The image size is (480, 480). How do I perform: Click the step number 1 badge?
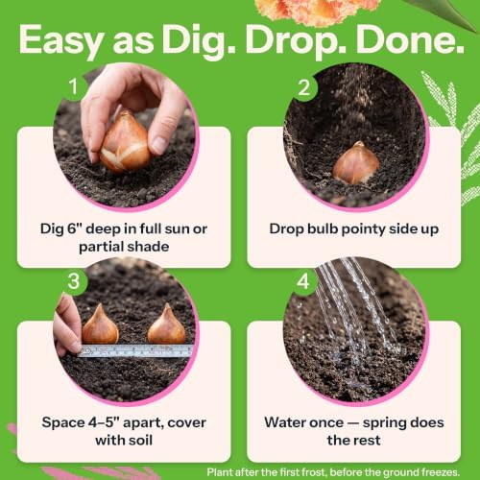click(x=74, y=86)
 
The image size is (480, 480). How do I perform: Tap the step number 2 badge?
click(x=303, y=87)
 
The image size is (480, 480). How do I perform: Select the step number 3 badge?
click(x=74, y=281)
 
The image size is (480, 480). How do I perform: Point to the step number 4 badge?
click(x=303, y=281)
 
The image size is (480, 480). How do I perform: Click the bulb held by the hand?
click(x=126, y=141)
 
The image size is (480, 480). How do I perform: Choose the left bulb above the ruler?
click(x=100, y=326)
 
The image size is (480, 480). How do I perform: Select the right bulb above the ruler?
click(x=166, y=325)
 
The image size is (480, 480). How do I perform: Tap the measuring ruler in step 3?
click(x=136, y=350)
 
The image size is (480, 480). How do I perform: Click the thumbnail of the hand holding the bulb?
click(x=126, y=137)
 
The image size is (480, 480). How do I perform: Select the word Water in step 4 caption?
click(x=285, y=422)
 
